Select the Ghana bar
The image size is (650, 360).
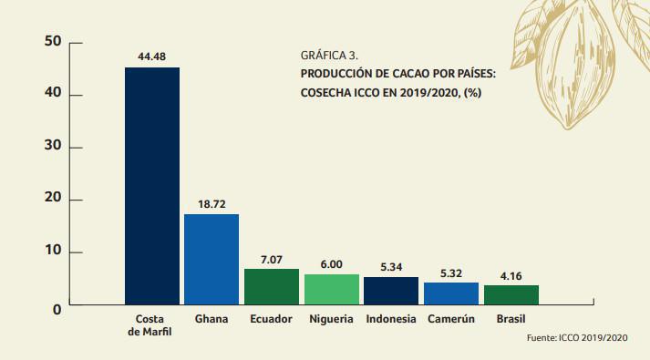coord(211,259)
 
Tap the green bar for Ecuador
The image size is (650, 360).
coord(271,286)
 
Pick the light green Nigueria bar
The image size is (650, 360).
coord(331,289)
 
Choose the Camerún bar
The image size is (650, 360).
coord(450,293)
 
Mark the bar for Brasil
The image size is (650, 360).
coord(511,294)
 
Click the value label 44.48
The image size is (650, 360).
coord(151,56)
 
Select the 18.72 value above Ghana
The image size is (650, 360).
coord(211,203)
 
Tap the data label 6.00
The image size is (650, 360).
coord(331,263)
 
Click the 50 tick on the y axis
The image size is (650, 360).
coord(52,43)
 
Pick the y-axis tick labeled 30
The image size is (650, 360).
coord(52,148)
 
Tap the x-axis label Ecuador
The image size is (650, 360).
coord(271,320)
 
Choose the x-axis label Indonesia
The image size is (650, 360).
coord(390,320)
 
